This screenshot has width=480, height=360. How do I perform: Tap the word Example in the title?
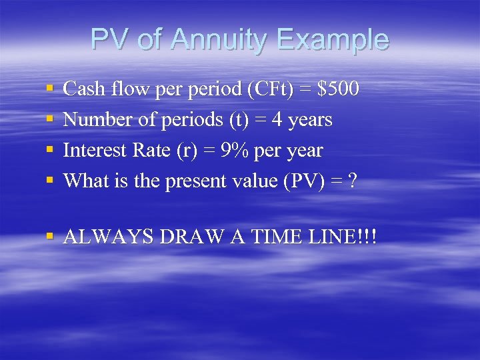point(331,40)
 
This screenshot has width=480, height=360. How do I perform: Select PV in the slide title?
point(111,39)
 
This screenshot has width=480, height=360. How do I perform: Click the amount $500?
point(339,89)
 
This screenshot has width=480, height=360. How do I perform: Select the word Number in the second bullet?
point(94,120)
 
